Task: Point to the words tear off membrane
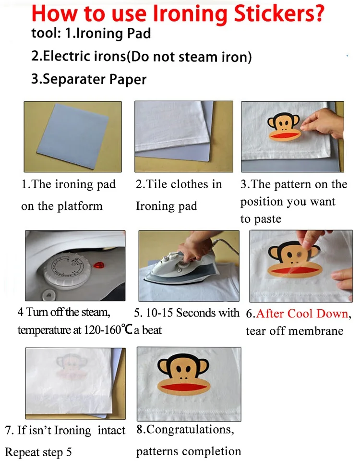(x=294, y=331)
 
